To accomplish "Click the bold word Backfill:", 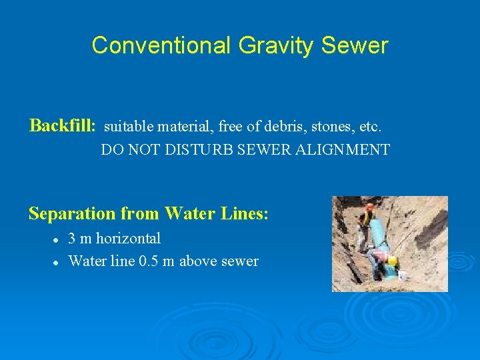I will (x=63, y=125).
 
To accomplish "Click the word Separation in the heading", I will (x=72, y=213).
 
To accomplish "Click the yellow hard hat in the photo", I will (x=392, y=261).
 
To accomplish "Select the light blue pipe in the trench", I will (x=378, y=233).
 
